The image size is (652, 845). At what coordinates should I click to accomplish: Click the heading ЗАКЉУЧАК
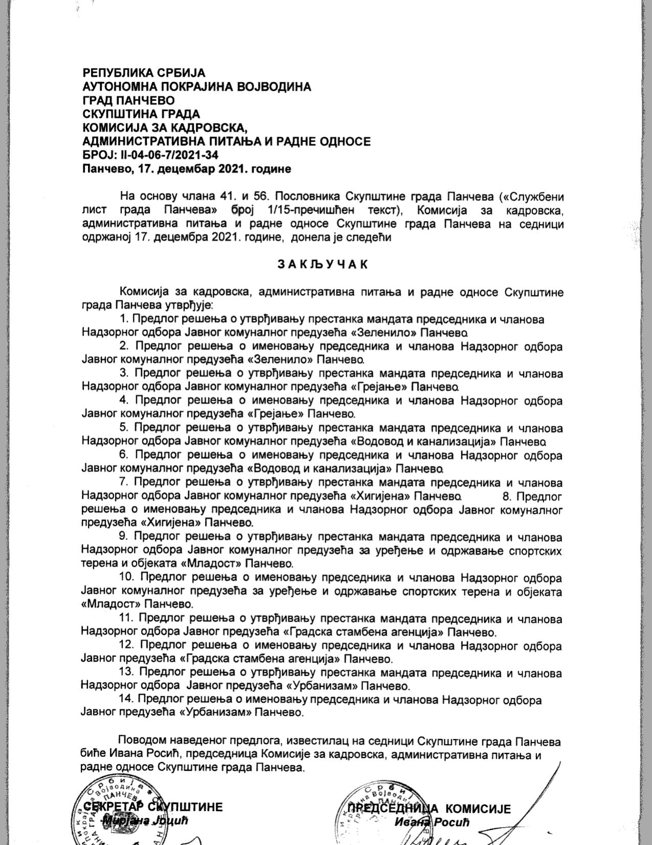coord(322,264)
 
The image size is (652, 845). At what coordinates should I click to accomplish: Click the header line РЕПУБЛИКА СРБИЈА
coord(144,73)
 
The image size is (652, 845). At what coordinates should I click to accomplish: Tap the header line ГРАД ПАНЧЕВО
coord(128,100)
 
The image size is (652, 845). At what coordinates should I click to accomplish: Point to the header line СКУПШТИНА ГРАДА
coord(141,114)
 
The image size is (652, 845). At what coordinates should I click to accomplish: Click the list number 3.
coord(124,374)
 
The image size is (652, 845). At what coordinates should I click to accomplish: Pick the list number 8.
coord(507,496)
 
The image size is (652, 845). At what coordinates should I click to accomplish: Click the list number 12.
coord(126,646)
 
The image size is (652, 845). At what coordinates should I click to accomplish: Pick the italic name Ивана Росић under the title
coord(432,822)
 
